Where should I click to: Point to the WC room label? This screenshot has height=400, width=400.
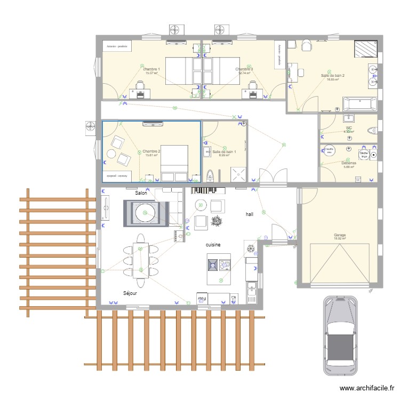(349, 128)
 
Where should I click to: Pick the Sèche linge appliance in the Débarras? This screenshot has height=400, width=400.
(364, 154)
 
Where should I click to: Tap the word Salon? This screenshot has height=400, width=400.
(141, 193)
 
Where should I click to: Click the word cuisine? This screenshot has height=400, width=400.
(213, 244)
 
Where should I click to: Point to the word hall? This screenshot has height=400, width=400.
(249, 214)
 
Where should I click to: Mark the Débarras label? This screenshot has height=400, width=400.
(349, 163)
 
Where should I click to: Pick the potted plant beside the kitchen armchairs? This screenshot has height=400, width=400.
(217, 219)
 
